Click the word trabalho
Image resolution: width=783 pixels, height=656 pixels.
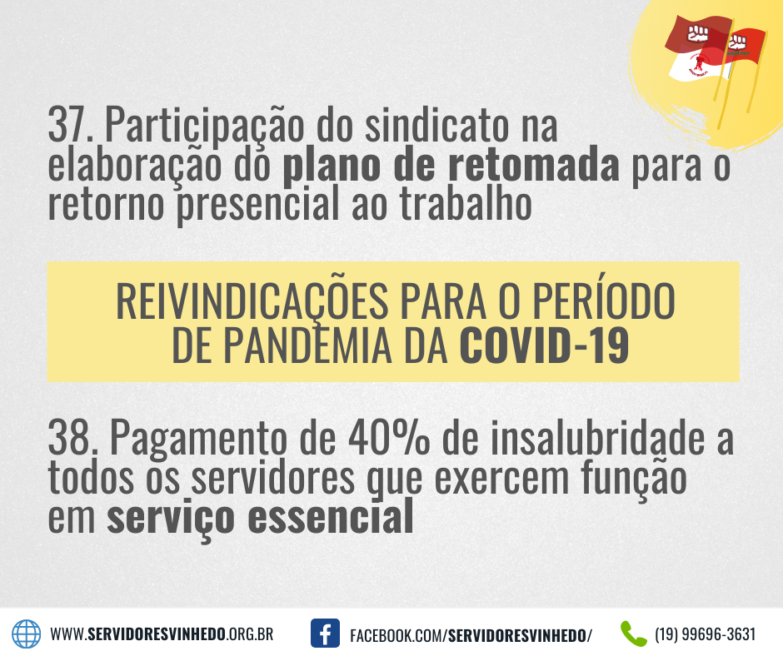466,202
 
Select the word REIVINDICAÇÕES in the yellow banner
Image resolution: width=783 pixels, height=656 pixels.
252,302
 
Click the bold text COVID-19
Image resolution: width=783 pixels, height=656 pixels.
544,345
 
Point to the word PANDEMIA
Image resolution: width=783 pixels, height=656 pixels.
307,345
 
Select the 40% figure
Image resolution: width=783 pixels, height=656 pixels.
388,437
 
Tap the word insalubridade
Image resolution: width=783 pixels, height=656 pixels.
598,436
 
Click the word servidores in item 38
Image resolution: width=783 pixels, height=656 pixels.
273,478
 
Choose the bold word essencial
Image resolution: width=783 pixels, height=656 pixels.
331,516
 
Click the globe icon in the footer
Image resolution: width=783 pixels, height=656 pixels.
26,634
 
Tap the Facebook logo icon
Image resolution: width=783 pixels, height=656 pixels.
325,633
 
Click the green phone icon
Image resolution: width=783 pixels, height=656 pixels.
633,634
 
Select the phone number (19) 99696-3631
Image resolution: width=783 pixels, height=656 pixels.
705,634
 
